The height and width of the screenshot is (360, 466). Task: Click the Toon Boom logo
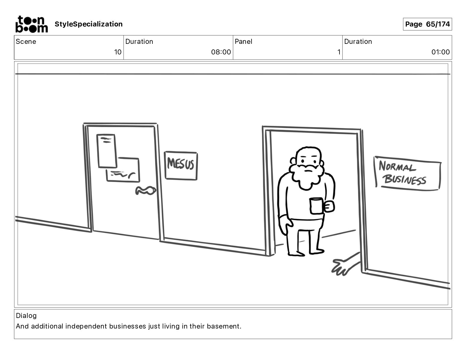click(x=32, y=24)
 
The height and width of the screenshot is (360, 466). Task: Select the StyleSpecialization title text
click(x=89, y=24)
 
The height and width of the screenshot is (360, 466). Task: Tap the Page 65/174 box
click(x=427, y=24)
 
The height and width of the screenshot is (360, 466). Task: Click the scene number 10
click(x=118, y=52)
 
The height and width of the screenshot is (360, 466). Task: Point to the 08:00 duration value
click(x=221, y=52)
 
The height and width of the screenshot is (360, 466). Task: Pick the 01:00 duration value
click(x=440, y=52)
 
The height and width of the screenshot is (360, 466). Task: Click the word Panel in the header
click(x=243, y=41)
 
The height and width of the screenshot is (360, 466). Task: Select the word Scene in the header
click(x=26, y=41)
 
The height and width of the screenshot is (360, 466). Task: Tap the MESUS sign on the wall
click(x=181, y=166)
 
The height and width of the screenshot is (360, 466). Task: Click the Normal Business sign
click(x=407, y=173)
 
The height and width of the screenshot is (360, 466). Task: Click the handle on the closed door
click(x=146, y=191)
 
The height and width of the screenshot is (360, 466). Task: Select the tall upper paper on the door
click(x=106, y=151)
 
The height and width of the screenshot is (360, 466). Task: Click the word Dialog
click(x=26, y=316)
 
